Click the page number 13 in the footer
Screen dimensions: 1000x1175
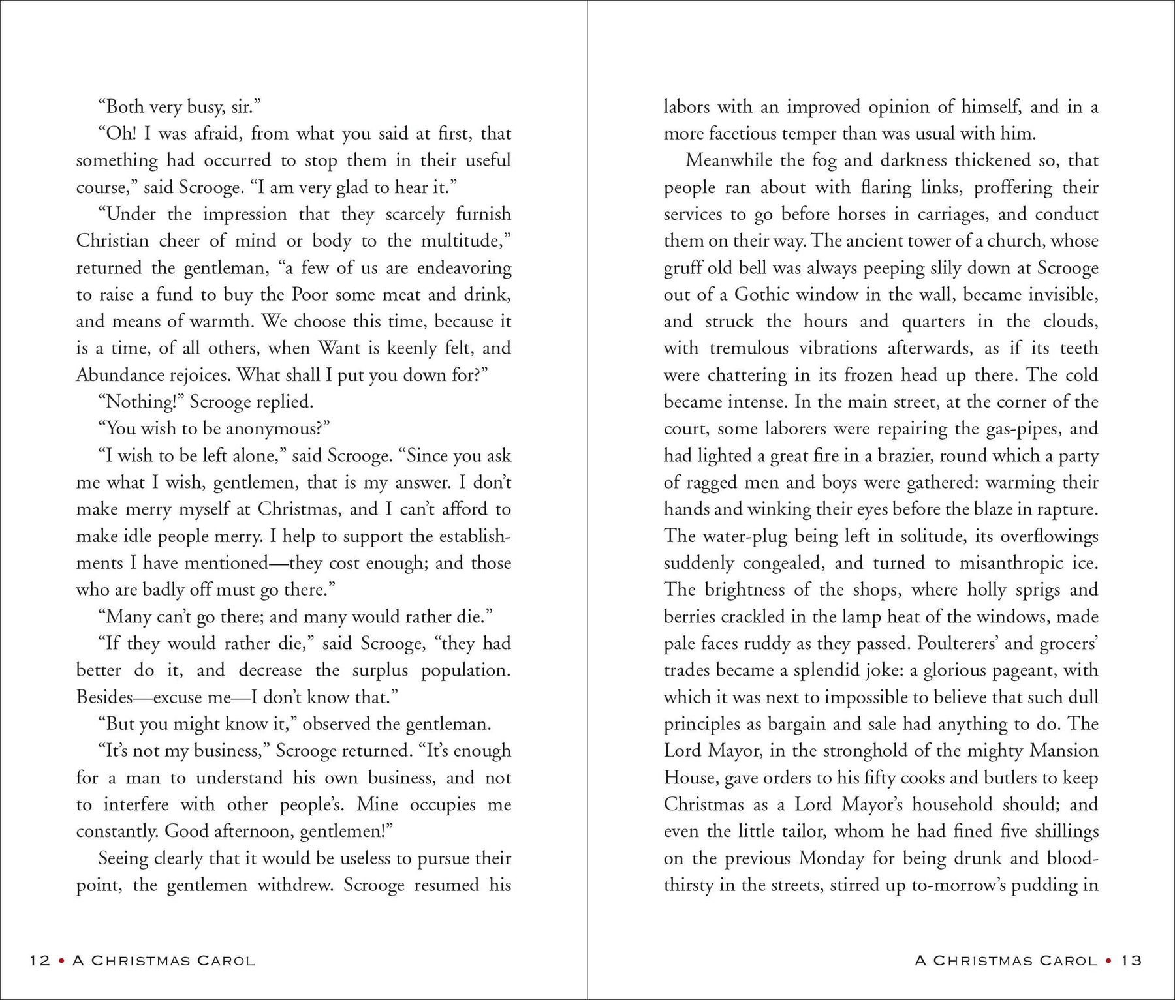coord(1131,960)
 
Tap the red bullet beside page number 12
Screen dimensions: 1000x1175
coord(61,960)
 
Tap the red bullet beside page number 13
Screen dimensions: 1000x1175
coord(1110,960)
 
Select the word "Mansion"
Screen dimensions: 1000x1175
coord(1064,751)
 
